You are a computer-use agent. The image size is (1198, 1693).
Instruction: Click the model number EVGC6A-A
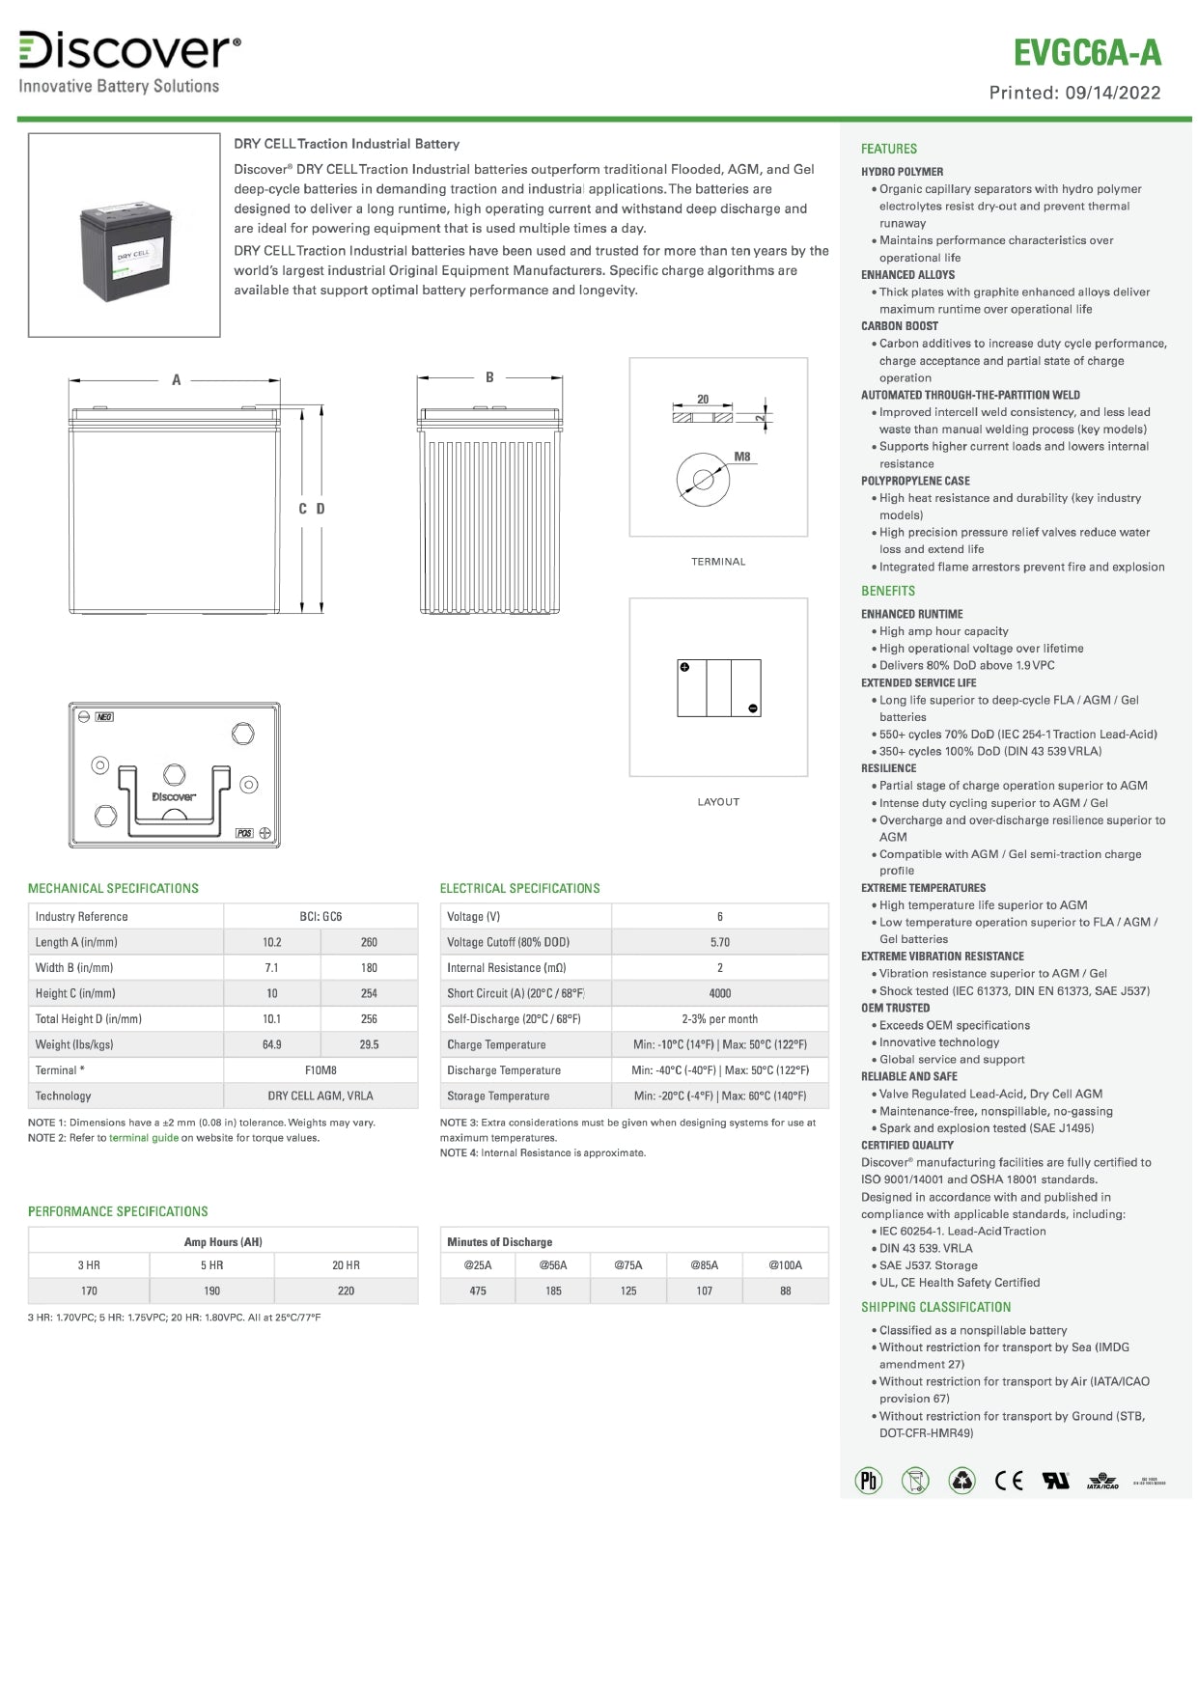tap(1086, 53)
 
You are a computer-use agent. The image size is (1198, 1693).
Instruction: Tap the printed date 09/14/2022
tap(1113, 94)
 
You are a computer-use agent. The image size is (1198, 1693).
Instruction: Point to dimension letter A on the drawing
tap(176, 380)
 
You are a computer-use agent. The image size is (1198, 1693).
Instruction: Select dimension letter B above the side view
tap(489, 377)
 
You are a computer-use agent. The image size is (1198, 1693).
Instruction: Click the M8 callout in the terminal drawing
tap(741, 457)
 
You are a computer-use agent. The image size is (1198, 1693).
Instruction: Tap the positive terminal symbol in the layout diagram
tap(684, 667)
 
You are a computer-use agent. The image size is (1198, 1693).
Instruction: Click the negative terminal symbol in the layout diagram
tap(753, 708)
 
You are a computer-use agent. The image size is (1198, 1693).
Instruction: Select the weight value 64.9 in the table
tap(271, 1044)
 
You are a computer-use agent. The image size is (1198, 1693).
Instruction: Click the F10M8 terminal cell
tap(320, 1070)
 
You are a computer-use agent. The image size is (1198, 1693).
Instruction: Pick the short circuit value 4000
tap(719, 993)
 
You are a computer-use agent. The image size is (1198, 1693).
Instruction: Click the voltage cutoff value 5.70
tap(719, 942)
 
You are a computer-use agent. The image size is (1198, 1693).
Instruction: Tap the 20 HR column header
tap(346, 1265)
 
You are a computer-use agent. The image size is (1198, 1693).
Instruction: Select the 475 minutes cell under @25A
tap(478, 1291)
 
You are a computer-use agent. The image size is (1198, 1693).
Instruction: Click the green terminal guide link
tap(144, 1138)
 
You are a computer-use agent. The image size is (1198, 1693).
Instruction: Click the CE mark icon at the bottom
tap(1009, 1480)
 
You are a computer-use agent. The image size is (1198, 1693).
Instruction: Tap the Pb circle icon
tap(869, 1480)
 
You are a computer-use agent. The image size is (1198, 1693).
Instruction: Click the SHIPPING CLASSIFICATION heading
tap(935, 1307)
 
